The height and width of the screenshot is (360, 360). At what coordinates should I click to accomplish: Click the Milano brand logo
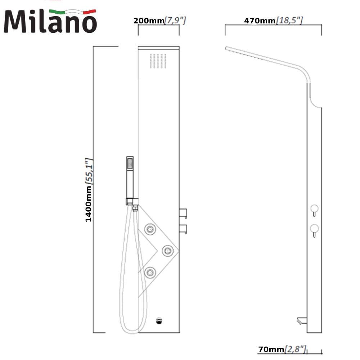click(x=50, y=21)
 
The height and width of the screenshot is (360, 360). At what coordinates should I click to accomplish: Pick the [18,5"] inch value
click(x=289, y=21)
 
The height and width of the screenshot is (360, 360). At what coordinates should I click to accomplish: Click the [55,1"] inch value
click(x=89, y=171)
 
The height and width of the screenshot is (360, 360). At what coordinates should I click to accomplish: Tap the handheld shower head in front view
click(x=130, y=177)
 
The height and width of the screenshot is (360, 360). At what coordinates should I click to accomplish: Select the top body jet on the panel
click(x=150, y=229)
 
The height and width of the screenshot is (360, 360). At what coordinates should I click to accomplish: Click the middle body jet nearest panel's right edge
click(x=168, y=251)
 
